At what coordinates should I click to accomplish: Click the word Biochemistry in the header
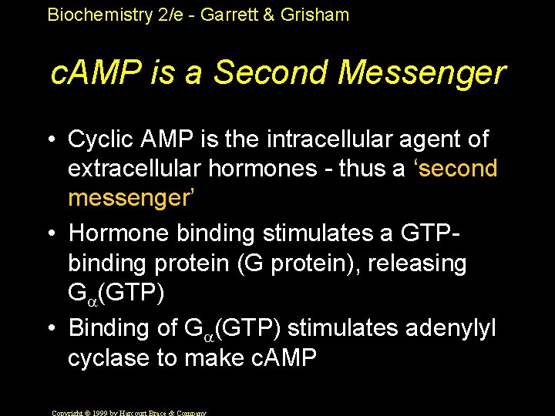(x=98, y=15)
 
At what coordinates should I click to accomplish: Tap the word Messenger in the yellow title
(x=422, y=74)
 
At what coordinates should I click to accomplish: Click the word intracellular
(x=329, y=139)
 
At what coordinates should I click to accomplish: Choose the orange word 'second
(x=449, y=169)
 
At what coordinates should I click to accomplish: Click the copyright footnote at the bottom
(x=128, y=412)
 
